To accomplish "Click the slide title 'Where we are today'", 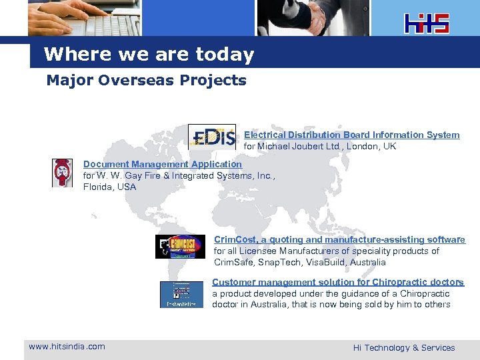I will tap(149, 54).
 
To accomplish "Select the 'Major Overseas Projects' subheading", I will tap(146, 81).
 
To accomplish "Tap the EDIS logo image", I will tap(212, 137).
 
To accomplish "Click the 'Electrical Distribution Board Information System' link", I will tap(351, 135).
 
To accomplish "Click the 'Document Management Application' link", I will tap(163, 164).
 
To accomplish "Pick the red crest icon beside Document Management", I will tap(63, 173).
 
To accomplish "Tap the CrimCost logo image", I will tap(180, 246).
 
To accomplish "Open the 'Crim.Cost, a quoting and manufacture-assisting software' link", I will tap(339, 239).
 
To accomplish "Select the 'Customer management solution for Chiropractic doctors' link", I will tap(338, 282).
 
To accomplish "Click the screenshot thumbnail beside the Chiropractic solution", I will tap(181, 295).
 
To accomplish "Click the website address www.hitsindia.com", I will tap(67, 346).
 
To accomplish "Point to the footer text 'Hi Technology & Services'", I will tap(404, 347).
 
